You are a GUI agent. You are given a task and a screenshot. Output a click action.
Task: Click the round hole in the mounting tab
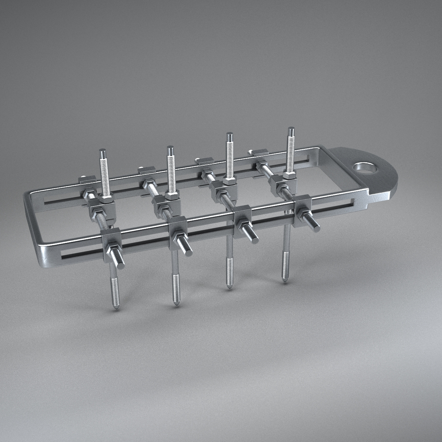[x=365, y=168]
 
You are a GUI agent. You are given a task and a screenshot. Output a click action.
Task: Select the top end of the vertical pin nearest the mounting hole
[x=291, y=130]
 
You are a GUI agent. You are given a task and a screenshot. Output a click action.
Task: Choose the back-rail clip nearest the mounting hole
[x=260, y=152]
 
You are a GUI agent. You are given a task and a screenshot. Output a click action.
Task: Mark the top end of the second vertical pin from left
[x=170, y=148]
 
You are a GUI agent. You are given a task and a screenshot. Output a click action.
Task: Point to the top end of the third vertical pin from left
[x=230, y=135]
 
